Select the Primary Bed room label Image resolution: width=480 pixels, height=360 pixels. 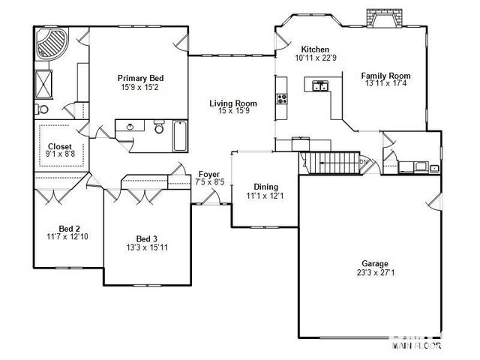pyautogui.click(x=140, y=79)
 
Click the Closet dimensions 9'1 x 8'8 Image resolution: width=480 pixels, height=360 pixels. pyautogui.click(x=60, y=154)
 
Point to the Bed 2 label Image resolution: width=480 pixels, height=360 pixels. pyautogui.click(x=69, y=229)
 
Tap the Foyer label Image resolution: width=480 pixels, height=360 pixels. pyautogui.click(x=208, y=173)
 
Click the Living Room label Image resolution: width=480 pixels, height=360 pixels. pyautogui.click(x=232, y=103)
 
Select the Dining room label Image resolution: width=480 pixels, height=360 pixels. pyautogui.click(x=265, y=187)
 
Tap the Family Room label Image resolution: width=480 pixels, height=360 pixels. pyautogui.click(x=385, y=76)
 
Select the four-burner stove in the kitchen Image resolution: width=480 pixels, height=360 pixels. pyautogui.click(x=282, y=99)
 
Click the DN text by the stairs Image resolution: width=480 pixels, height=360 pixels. pyautogui.click(x=364, y=162)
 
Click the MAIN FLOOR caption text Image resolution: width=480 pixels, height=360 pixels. pyautogui.click(x=422, y=346)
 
